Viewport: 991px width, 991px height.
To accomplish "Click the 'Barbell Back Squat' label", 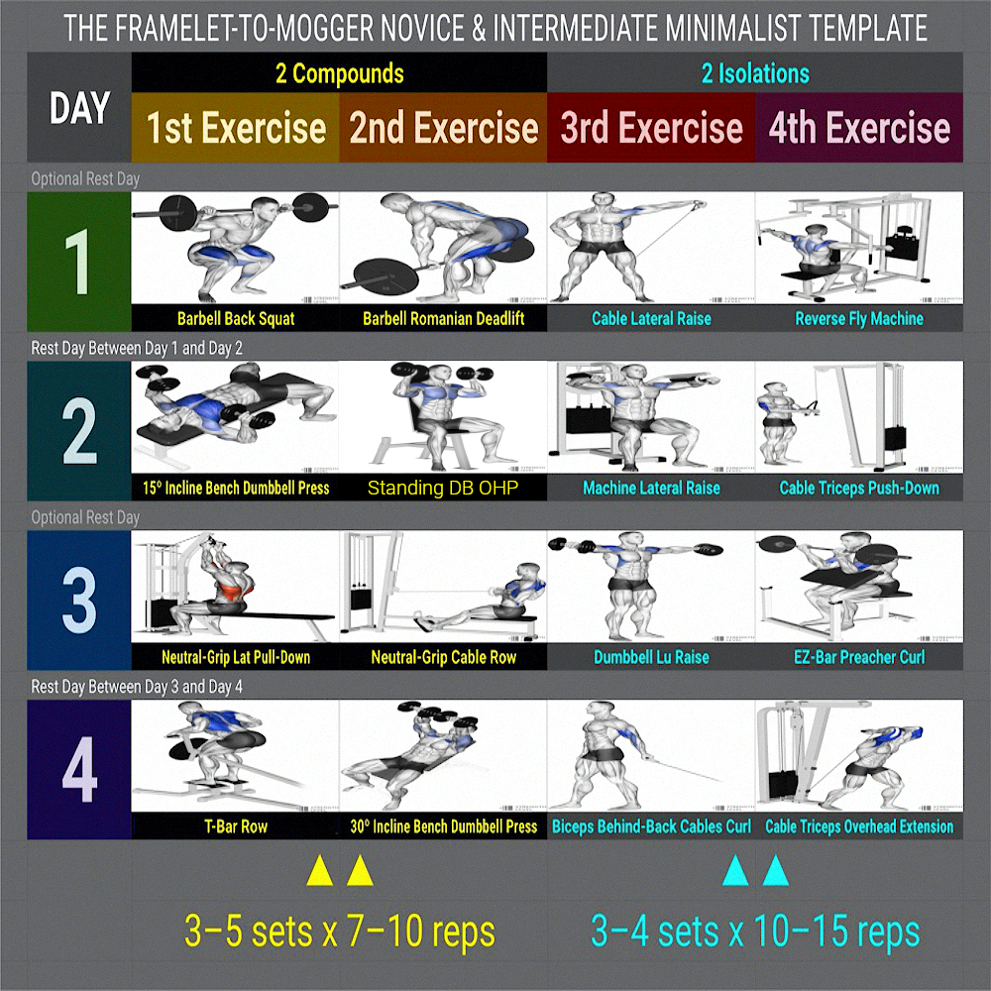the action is tap(236, 318).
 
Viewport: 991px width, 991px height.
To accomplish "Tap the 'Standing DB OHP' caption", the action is tap(442, 488).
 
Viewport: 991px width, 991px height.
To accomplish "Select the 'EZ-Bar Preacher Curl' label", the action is tap(859, 657).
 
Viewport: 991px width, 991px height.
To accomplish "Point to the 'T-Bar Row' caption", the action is tap(236, 826).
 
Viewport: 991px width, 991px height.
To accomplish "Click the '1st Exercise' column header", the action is tap(236, 128).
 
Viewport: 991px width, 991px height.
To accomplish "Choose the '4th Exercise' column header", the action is tap(859, 128).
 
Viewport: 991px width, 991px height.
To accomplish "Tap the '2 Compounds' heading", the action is tap(339, 73).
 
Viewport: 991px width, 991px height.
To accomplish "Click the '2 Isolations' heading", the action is tap(755, 73).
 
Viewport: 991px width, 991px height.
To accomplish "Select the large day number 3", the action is tap(79, 601).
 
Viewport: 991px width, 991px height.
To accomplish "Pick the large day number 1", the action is tap(77, 262).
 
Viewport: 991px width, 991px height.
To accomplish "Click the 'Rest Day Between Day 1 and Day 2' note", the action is tap(137, 348).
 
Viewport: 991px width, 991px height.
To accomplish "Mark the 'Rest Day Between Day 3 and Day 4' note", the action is tap(137, 687).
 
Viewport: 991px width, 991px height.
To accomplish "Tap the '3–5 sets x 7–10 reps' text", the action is tap(339, 931).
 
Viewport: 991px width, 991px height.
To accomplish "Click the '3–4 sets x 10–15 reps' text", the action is tap(755, 931).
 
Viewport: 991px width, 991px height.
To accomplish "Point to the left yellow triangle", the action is tap(319, 871).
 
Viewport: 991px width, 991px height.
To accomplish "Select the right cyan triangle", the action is tap(776, 871).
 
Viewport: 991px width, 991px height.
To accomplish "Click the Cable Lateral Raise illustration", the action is tap(651, 248).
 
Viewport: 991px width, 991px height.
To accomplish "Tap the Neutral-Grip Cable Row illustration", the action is tap(443, 587).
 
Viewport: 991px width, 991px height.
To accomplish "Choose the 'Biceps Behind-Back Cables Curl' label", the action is tap(651, 826).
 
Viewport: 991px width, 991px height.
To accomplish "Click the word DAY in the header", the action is tap(79, 107).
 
